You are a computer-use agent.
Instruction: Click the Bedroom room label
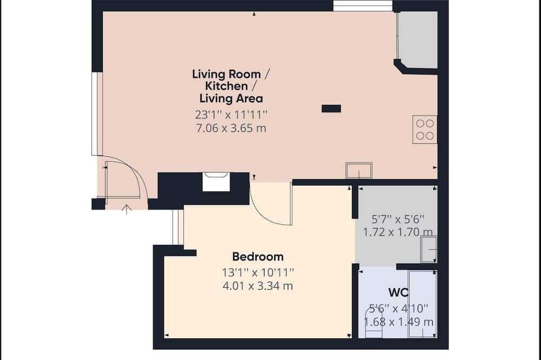tap(258, 257)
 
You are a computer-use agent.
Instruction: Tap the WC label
tap(398, 292)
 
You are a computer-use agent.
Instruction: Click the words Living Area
tap(231, 98)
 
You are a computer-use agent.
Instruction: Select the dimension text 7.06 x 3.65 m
tap(231, 128)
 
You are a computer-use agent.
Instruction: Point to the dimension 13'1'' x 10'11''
tap(258, 272)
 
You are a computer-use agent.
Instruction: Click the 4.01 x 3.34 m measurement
tap(258, 286)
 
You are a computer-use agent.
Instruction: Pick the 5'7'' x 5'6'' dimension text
tap(398, 219)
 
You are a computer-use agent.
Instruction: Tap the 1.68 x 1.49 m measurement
tap(399, 322)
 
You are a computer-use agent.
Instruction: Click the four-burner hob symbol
tap(425, 130)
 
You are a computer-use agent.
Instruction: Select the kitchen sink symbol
tap(359, 170)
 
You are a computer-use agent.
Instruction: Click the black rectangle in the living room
tap(331, 109)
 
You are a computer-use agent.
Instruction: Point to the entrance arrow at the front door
tap(127, 210)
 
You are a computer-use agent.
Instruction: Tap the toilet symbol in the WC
tap(374, 322)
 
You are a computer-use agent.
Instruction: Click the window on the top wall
tap(363, 6)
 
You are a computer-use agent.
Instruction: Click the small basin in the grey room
tap(429, 249)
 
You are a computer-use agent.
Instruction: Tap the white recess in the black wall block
tap(216, 182)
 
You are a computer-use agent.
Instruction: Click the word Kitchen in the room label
tap(227, 86)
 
